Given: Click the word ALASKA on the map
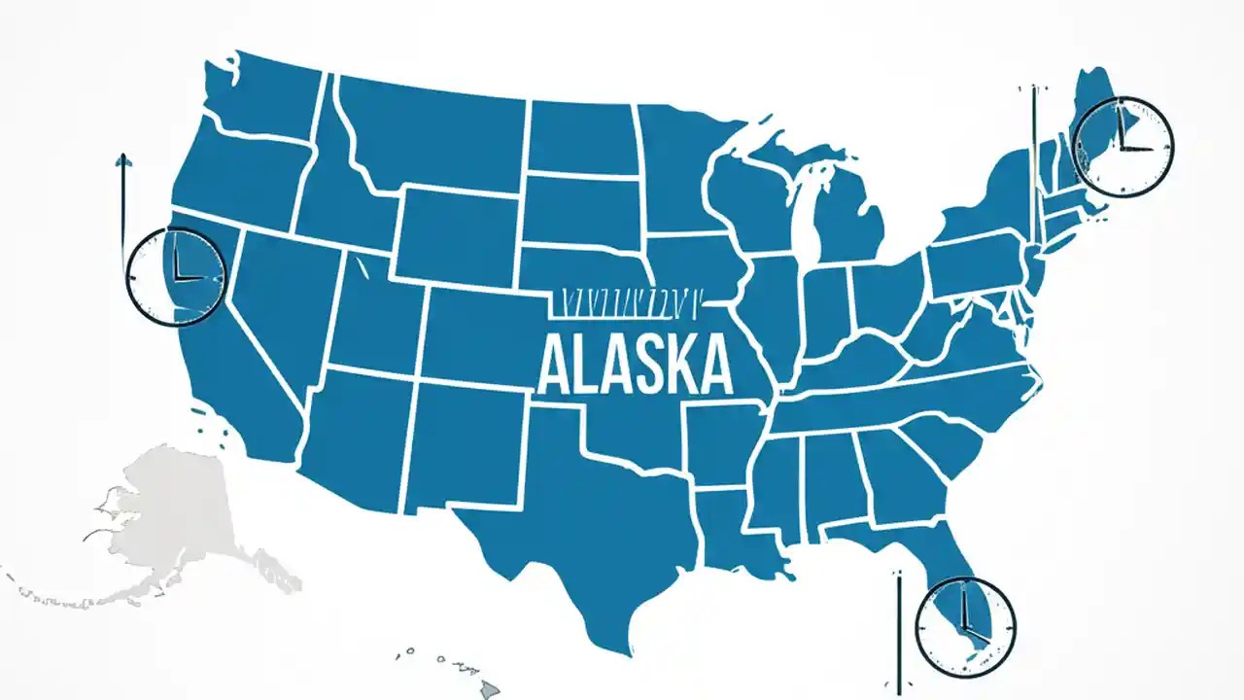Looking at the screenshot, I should click(634, 364).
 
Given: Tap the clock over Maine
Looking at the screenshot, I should click(1123, 147).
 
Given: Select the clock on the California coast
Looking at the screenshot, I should click(176, 276).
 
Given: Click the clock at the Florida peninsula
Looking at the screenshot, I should click(965, 626).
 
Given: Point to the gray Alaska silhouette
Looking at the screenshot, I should click(175, 515).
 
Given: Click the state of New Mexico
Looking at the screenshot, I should click(462, 442).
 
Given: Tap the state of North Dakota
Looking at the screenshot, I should click(580, 136).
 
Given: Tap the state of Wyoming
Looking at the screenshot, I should click(457, 233).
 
